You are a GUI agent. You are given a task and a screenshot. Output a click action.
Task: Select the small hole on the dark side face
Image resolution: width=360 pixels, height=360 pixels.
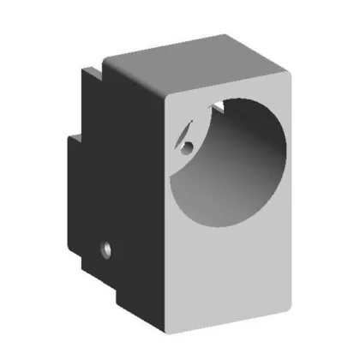point(106,250)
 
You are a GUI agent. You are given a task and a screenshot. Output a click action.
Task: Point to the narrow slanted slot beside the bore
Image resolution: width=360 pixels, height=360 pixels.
point(183,133)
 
